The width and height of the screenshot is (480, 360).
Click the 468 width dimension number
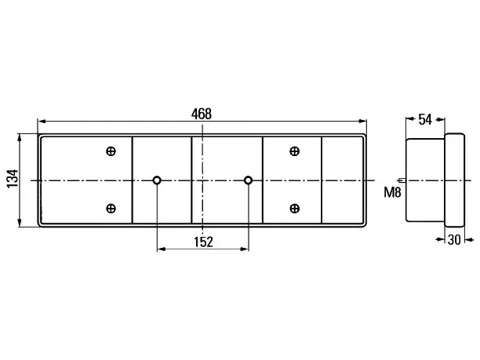pos(202,114)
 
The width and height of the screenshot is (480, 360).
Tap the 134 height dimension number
pos(13,179)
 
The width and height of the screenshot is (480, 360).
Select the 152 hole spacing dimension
pos(203,242)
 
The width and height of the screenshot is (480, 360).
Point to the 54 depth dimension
pos(425,119)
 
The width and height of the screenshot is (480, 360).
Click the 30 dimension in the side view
pos(454,240)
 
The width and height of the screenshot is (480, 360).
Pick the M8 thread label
pos(392,193)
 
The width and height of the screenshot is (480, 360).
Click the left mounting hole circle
pos(157,180)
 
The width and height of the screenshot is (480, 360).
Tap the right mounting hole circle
pos(249,180)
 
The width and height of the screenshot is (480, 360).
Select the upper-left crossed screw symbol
pos(111,151)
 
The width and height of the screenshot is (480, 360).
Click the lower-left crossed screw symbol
pos(111,209)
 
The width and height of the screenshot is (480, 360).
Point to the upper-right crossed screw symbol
pos(294,151)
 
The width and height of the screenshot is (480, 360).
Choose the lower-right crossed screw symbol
pos(294,209)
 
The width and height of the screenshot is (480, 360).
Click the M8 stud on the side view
pos(402,180)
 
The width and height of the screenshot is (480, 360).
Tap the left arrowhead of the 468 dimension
pos(42,122)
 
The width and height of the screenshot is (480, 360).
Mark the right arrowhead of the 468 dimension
pos(362,122)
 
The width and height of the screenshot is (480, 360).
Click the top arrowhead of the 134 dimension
pos(20,138)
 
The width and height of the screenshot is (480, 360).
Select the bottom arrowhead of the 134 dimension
pos(20,222)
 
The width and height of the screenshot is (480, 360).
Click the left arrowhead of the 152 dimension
pos(162,249)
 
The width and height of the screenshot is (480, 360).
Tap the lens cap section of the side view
pos(455,180)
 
